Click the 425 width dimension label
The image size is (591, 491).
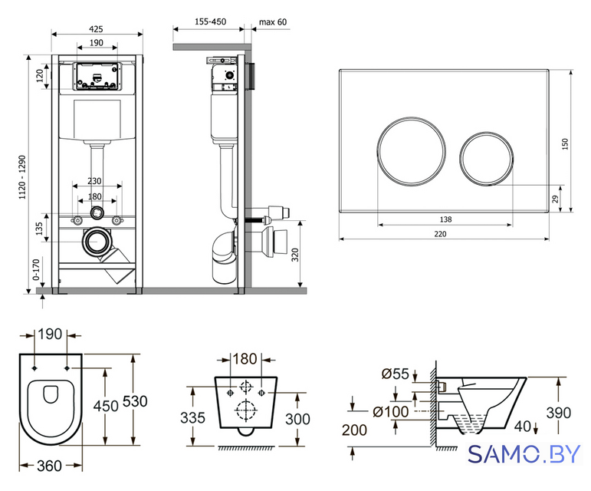coord(96,29)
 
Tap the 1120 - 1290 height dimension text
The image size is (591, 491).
coord(23,177)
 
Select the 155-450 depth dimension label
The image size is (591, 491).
coord(210,21)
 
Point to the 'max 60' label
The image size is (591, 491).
coord(273,22)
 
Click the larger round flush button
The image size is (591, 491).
coord(412,152)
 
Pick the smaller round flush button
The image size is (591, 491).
coord(487,158)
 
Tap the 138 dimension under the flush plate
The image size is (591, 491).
coord(445,219)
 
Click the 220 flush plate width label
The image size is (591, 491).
coord(440,234)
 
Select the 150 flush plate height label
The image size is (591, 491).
coord(565,144)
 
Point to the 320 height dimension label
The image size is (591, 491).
coord(295,255)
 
